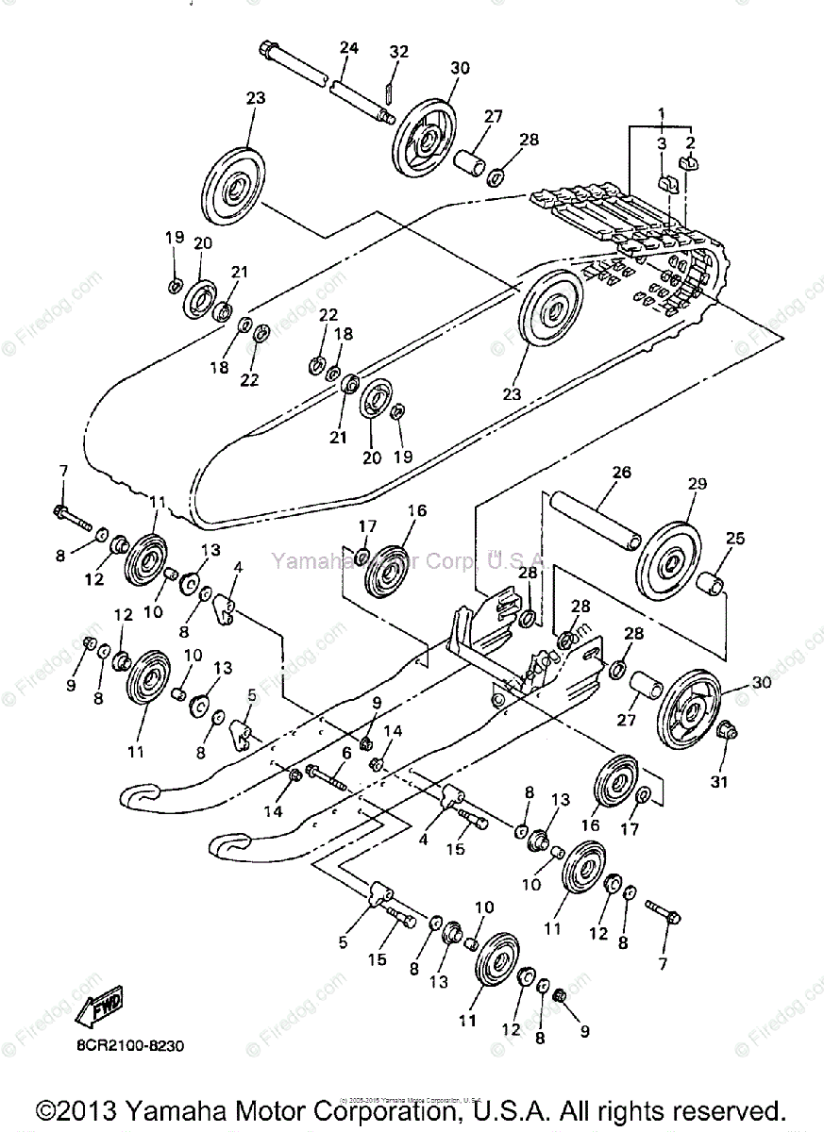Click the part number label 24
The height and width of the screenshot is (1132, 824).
pos(348,48)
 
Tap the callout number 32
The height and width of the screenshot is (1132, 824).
pos(399,52)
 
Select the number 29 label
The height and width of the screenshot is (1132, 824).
pos(698,483)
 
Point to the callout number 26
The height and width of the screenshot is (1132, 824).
pos(595,472)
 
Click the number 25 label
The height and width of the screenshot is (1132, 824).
pos(735,539)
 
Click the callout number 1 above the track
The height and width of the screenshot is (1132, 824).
pos(662,114)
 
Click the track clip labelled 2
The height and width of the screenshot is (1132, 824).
pos(688,166)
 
